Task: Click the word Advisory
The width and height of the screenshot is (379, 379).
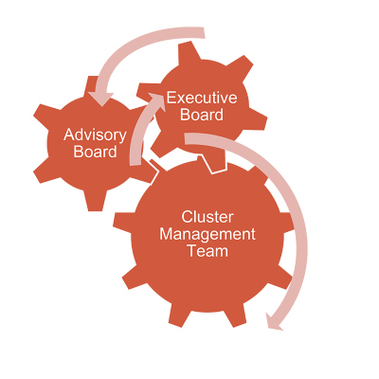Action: [x=95, y=135]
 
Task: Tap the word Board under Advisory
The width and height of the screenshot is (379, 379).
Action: [x=95, y=152]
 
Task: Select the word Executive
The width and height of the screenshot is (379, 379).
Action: [x=202, y=98]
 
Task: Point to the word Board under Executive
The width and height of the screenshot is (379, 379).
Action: [x=202, y=115]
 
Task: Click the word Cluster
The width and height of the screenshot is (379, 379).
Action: [x=208, y=217]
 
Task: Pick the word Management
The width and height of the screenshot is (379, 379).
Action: [x=208, y=235]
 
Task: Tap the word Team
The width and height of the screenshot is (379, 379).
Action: [x=208, y=251]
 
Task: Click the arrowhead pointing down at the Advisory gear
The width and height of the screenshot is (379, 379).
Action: [x=101, y=99]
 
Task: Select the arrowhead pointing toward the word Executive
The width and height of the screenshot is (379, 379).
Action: [x=155, y=101]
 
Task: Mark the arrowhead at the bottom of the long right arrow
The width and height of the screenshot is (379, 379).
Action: [x=274, y=322]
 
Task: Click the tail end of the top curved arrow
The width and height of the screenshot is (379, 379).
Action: [x=204, y=33]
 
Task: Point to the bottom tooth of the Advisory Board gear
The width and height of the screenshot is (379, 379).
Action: [x=96, y=202]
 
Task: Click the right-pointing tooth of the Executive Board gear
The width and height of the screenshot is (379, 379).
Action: [x=258, y=120]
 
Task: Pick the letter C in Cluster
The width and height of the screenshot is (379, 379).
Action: [x=187, y=217]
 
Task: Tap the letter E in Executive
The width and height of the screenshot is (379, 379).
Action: [x=171, y=98]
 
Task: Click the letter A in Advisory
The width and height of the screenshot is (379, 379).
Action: [x=69, y=135]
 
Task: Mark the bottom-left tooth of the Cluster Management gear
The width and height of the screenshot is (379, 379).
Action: [x=132, y=278]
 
